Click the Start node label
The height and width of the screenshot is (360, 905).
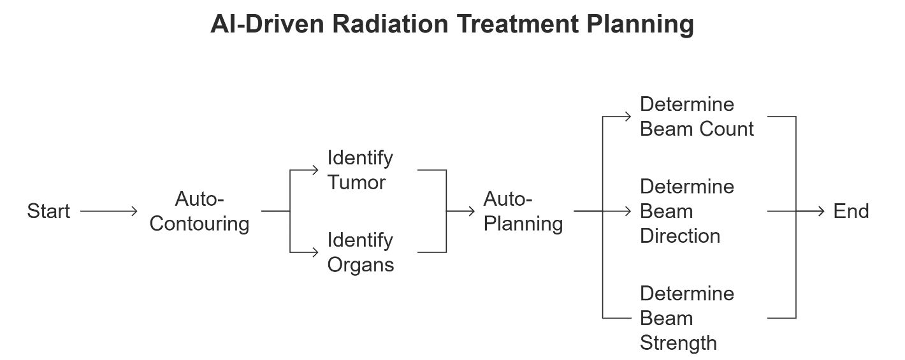[x=48, y=211]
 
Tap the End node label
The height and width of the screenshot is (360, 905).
[x=851, y=211]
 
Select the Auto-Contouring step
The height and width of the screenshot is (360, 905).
[x=199, y=212]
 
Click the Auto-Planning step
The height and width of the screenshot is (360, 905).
[x=523, y=212]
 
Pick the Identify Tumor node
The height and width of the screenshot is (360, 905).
[x=360, y=169]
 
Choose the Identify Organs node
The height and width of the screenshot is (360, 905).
[x=360, y=252]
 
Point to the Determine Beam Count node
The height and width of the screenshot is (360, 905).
[x=697, y=117]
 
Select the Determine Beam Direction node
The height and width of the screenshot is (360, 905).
[x=687, y=211]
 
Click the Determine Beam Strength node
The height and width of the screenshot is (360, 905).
[x=687, y=318]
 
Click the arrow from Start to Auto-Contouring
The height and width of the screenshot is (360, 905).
[x=109, y=211]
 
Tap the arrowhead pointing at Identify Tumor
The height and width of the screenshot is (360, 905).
[x=315, y=170]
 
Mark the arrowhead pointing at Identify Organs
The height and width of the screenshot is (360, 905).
[x=315, y=252]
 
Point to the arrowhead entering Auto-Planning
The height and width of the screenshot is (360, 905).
[x=472, y=211]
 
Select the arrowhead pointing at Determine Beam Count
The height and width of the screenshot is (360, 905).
[x=627, y=117]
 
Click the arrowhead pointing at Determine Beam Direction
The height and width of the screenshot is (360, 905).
[x=627, y=211]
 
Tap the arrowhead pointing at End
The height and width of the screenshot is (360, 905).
[x=821, y=211]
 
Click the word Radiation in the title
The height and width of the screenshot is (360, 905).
[x=390, y=24]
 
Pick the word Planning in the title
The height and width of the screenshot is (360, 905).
[x=640, y=25]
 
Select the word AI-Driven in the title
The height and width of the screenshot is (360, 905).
[x=268, y=24]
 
